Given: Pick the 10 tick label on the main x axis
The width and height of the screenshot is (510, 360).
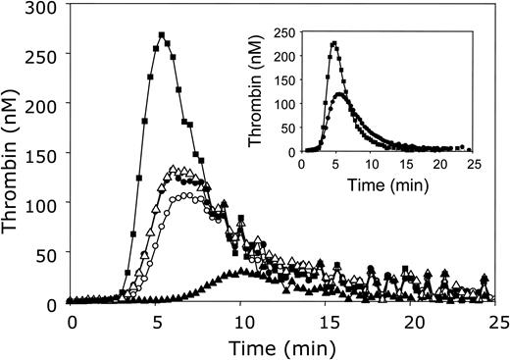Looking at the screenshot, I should (x=240, y=321).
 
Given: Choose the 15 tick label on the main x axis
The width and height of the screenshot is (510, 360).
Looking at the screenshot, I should (x=326, y=321).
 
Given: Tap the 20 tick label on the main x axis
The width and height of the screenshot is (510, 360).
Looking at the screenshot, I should (x=412, y=321).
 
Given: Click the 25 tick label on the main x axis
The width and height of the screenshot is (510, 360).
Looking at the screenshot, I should (x=497, y=321).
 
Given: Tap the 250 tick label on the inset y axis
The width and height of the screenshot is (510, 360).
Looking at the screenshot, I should (x=286, y=32).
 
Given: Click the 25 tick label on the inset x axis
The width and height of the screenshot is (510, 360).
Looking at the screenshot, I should (x=474, y=164).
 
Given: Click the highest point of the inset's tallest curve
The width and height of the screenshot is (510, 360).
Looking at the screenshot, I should (x=334, y=43).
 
